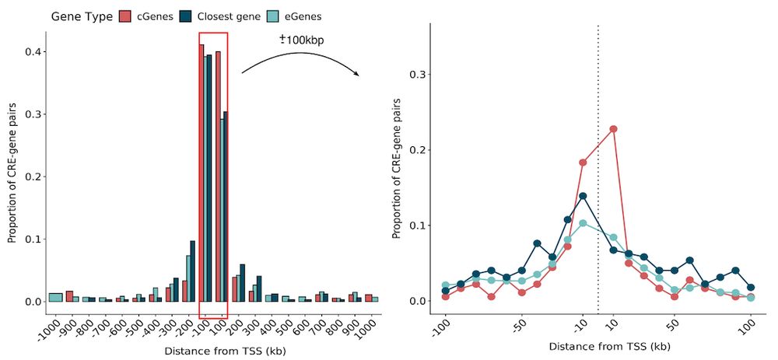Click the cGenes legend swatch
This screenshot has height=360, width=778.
tap(125, 16)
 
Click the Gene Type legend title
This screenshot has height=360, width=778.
tap(81, 16)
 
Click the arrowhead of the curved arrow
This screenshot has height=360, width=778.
tap(357, 74)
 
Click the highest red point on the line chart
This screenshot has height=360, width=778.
tap(613, 129)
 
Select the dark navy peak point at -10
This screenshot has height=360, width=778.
tap(583, 196)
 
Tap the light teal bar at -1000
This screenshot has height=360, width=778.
tap(55, 297)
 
